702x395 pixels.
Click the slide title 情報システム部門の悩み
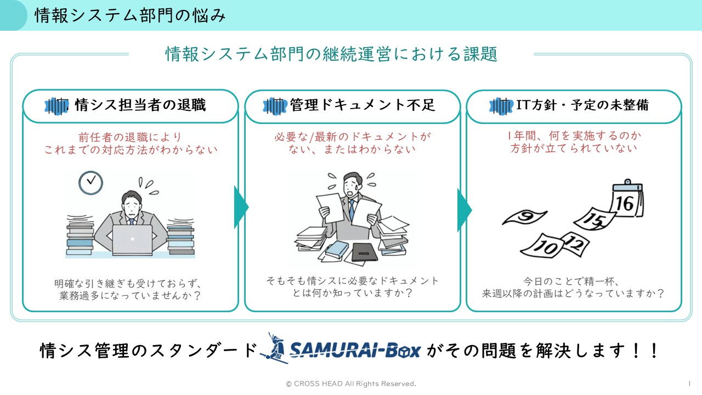130,15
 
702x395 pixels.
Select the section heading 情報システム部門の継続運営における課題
331,54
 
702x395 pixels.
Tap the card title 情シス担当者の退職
140,105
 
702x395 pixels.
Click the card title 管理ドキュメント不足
363,105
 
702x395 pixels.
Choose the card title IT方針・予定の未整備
582,105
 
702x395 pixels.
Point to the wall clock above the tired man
90,183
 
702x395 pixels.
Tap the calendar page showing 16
627,202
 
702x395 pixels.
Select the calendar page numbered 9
524,218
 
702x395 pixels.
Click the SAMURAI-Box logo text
354,349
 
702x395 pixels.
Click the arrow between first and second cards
241,207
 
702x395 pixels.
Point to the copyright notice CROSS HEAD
351,383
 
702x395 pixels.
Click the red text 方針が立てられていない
574,149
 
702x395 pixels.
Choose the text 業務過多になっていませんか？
130,296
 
